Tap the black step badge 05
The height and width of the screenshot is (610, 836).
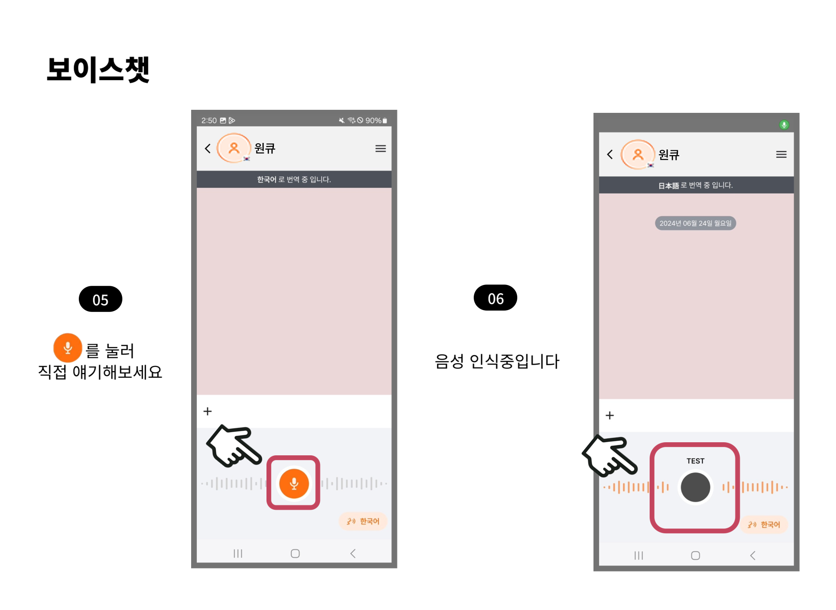[101, 299]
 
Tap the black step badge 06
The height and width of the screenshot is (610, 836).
[496, 298]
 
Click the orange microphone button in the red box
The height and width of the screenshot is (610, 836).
[294, 483]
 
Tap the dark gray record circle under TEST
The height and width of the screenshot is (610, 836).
[695, 487]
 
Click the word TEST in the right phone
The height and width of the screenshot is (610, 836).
[695, 461]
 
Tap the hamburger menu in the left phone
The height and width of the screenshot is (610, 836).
[381, 149]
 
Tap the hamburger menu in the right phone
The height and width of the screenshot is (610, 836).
[781, 154]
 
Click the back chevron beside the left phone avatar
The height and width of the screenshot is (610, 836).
[208, 149]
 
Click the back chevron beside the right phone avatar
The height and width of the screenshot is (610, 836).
[610, 154]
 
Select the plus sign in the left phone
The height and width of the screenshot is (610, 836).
[208, 411]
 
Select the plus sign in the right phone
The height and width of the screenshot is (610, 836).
[610, 416]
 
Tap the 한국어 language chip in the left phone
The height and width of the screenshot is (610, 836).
[363, 521]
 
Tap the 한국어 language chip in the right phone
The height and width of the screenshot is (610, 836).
[764, 525]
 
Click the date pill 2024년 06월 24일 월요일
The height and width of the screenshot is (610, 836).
[695, 223]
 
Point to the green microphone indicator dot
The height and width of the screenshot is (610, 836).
[784, 125]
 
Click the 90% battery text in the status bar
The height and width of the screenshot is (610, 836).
[373, 120]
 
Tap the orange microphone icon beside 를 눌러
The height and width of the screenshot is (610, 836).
[67, 348]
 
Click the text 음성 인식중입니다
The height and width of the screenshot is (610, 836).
[497, 361]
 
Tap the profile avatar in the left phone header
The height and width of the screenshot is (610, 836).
[234, 148]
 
